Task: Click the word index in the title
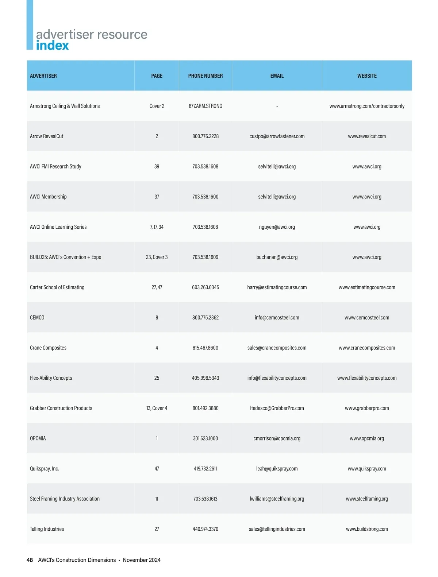(52, 46)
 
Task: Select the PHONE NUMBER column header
(205, 76)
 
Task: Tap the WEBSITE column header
(367, 76)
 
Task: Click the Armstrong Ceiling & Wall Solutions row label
(65, 106)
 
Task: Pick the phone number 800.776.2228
(205, 136)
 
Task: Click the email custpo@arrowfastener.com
(277, 136)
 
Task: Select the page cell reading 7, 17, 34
(157, 227)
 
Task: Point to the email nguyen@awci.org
(277, 227)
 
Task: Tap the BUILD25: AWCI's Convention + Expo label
(65, 257)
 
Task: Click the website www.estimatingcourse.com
(367, 287)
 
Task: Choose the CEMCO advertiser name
(37, 318)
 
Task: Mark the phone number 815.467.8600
(205, 348)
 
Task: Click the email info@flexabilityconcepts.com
(277, 378)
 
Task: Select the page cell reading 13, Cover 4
(157, 408)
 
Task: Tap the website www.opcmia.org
(367, 438)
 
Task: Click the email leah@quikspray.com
(277, 469)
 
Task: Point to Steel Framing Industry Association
(65, 499)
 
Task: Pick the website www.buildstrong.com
(367, 529)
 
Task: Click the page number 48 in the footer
(30, 560)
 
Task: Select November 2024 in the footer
(142, 560)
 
